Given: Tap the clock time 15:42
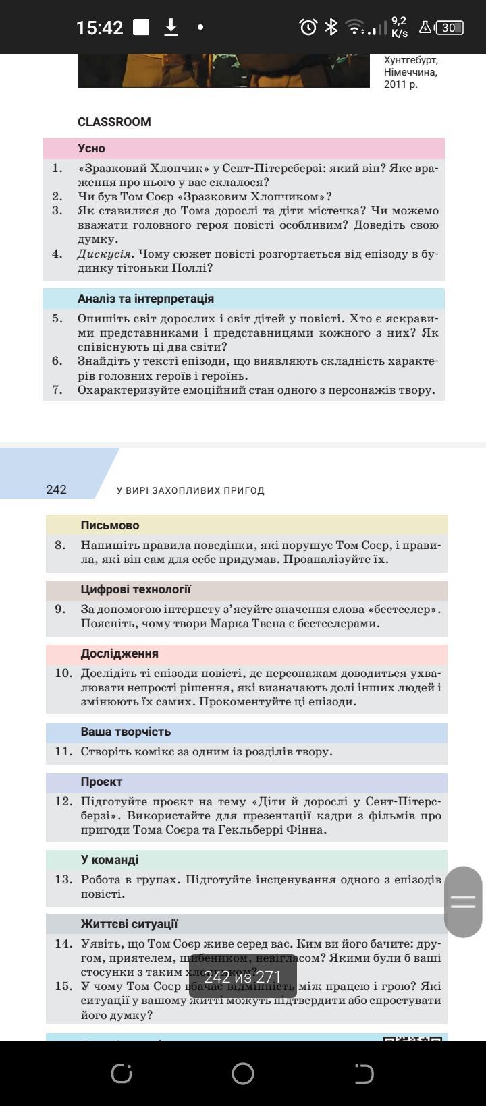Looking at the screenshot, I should (99, 28).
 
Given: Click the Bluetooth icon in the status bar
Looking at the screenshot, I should (331, 27).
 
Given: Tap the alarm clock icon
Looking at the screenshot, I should (308, 27).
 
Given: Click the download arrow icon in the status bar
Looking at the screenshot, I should (171, 27).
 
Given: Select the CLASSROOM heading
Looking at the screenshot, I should (114, 122).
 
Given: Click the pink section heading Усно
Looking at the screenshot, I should (91, 148).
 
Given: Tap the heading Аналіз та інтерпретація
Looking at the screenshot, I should (145, 299).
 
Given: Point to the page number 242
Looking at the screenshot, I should (57, 490).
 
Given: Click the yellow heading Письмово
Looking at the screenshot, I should (110, 525).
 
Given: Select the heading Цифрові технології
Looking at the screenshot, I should (136, 589).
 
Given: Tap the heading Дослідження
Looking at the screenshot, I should (119, 653).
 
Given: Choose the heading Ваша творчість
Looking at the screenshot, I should (126, 732).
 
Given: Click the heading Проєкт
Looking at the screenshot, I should (101, 782).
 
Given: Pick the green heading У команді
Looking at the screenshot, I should (109, 860).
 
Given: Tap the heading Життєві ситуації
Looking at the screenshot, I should (129, 924).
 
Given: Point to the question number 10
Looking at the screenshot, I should (63, 673).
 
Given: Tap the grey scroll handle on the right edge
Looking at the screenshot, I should (463, 902).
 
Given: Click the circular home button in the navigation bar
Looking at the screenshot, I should (243, 1074).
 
